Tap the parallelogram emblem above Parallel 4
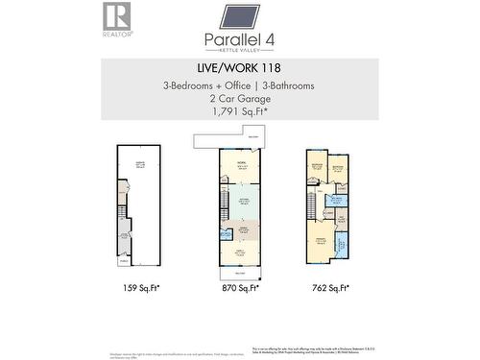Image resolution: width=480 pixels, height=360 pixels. pos(239,16)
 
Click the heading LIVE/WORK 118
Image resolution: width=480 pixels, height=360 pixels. pos(239,69)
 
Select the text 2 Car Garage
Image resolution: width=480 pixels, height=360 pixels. pos(239,98)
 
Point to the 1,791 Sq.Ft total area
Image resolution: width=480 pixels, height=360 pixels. pos(239,110)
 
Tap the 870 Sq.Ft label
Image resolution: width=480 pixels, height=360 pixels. pos(240,286)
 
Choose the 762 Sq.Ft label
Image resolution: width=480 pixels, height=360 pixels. pos(328,286)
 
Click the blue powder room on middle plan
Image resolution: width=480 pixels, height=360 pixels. pos(225,233)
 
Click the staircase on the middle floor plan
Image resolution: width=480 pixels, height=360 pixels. pos(225,202)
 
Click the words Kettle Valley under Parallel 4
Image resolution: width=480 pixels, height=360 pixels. pos(239,49)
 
